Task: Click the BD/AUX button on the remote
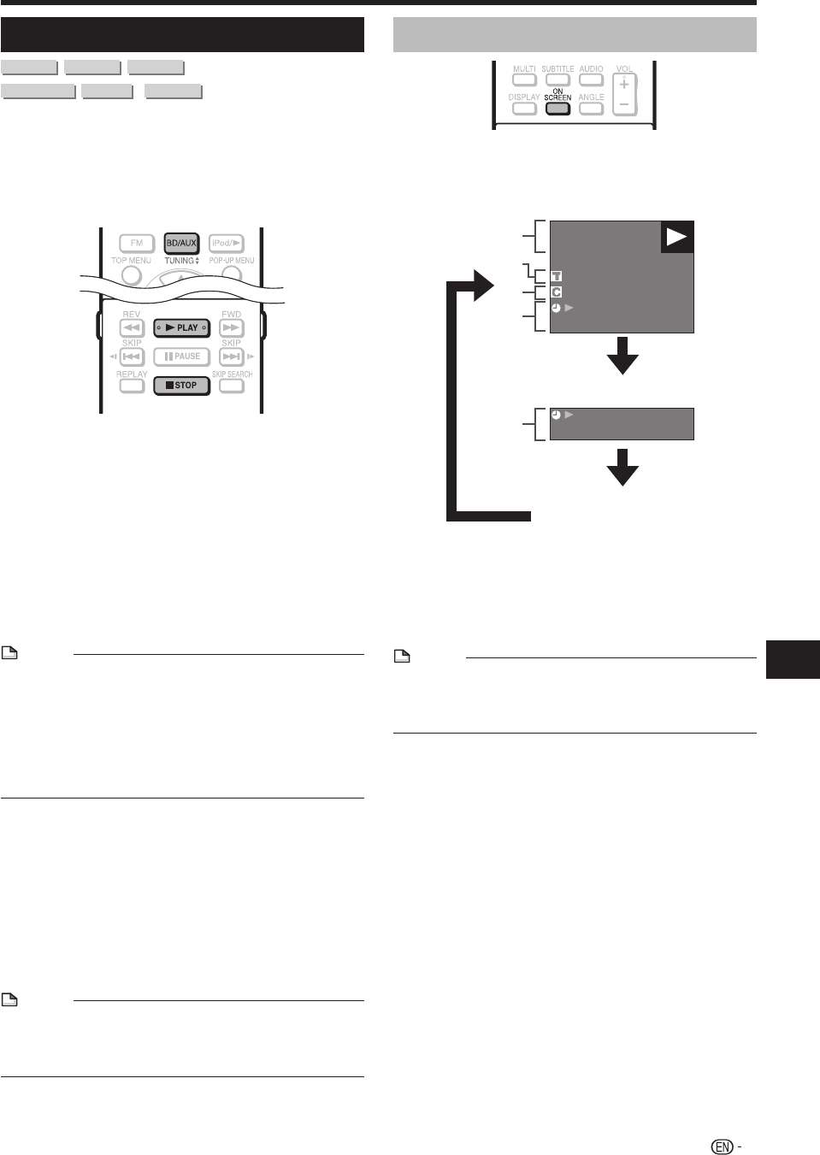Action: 181,243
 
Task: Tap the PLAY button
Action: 181,327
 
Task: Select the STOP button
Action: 181,386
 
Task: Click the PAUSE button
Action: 181,357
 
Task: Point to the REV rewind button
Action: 132,328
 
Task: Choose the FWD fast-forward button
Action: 232,328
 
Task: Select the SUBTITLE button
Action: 557,80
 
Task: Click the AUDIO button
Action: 591,80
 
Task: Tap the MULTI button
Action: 524,80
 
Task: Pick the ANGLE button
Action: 591,109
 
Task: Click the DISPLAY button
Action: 524,109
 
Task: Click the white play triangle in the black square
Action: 677,238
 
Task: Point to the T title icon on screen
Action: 556,277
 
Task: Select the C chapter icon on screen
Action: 556,292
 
